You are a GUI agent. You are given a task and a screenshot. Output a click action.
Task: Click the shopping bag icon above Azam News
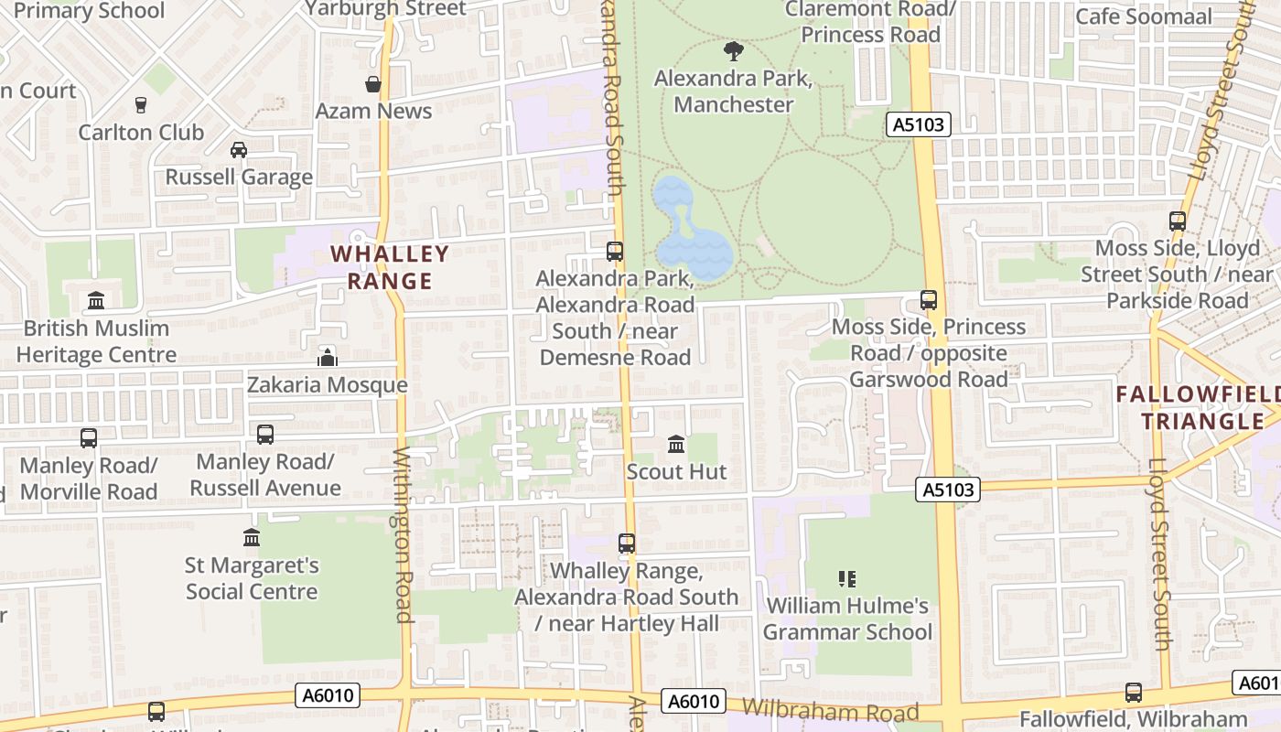[373, 85]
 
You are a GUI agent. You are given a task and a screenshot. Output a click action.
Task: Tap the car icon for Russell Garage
[239, 150]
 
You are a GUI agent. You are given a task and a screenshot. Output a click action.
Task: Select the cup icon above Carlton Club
[140, 105]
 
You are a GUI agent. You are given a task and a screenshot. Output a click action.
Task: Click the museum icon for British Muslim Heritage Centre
[96, 301]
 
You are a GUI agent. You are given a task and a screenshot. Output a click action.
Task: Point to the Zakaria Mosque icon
[328, 358]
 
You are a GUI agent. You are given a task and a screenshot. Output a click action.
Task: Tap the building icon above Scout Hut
[676, 445]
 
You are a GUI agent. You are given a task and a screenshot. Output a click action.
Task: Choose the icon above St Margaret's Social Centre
[252, 538]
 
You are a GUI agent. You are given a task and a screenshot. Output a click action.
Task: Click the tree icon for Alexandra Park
[733, 51]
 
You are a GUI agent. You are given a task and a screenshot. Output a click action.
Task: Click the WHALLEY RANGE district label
[390, 267]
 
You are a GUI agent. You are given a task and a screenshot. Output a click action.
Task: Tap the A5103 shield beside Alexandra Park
[918, 124]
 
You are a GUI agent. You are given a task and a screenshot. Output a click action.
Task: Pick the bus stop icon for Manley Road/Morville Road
[89, 438]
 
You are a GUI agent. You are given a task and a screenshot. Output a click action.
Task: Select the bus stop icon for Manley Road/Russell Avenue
[265, 435]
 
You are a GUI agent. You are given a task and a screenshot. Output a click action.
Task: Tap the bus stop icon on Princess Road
[929, 300]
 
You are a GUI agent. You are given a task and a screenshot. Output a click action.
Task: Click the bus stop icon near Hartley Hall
[627, 544]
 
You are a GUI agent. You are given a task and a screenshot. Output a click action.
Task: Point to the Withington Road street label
[404, 535]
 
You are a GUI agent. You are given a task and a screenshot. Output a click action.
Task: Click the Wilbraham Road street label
[830, 711]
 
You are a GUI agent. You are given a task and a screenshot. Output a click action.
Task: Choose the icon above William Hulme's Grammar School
[847, 579]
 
